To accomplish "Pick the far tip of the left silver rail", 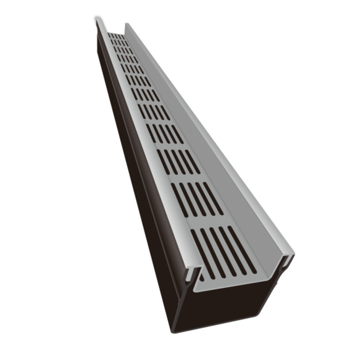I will click(97, 20).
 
